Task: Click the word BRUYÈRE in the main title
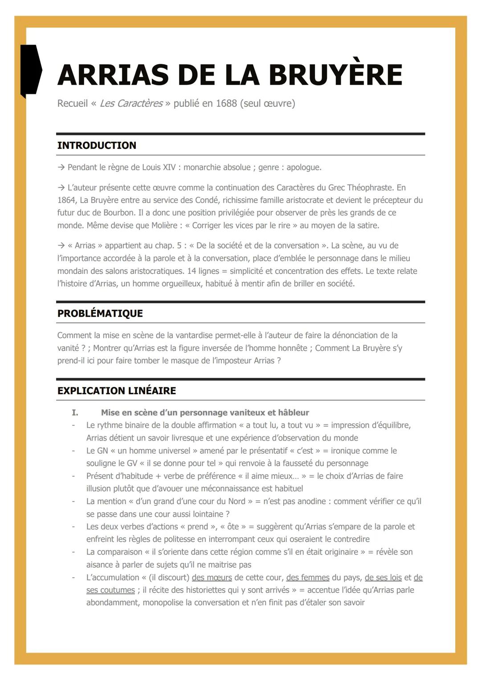click(x=335, y=75)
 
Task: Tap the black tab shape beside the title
click(x=30, y=70)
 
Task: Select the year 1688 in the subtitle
click(x=226, y=103)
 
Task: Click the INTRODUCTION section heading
click(x=97, y=145)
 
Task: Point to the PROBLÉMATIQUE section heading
click(x=100, y=313)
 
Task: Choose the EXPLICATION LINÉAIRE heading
click(x=116, y=391)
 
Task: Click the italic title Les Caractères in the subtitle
click(x=131, y=103)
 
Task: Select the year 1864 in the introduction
click(x=66, y=200)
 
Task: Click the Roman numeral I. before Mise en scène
click(x=75, y=413)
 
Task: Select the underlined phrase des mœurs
click(x=212, y=578)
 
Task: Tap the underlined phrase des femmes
click(x=308, y=578)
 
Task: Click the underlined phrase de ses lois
click(x=383, y=578)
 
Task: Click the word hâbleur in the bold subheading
click(x=292, y=413)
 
